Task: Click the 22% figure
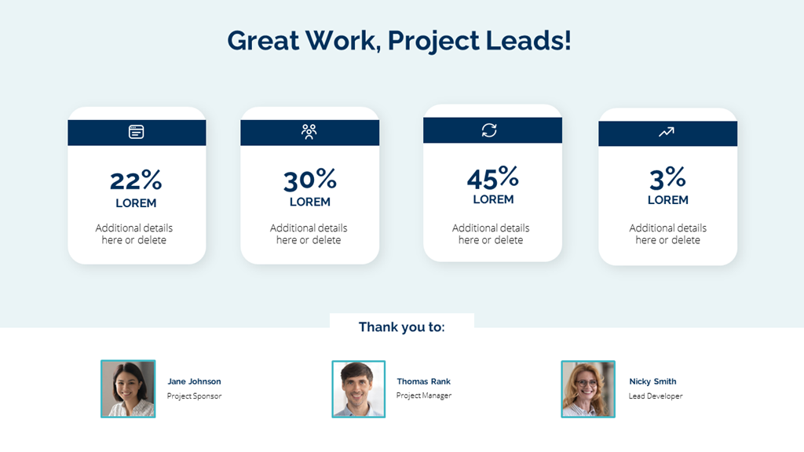pyautogui.click(x=136, y=180)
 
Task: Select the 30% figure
pyautogui.click(x=309, y=180)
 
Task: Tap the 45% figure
pyautogui.click(x=492, y=177)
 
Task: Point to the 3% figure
pyautogui.click(x=667, y=178)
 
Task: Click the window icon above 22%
pyautogui.click(x=137, y=132)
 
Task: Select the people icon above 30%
pyautogui.click(x=309, y=131)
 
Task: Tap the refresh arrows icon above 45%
pyautogui.click(x=489, y=130)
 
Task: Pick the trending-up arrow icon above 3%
pyautogui.click(x=666, y=133)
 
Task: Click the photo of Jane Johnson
pyautogui.click(x=128, y=388)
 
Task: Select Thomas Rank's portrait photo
pyautogui.click(x=358, y=388)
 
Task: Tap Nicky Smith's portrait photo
pyautogui.click(x=587, y=388)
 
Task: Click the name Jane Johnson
pyautogui.click(x=194, y=381)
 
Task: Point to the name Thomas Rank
pyautogui.click(x=423, y=381)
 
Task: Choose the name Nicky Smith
pyautogui.click(x=652, y=381)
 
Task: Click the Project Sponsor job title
pyautogui.click(x=194, y=396)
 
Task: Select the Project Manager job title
pyautogui.click(x=423, y=395)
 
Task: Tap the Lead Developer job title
pyautogui.click(x=655, y=396)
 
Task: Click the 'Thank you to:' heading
pyautogui.click(x=401, y=326)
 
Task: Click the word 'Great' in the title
pyautogui.click(x=262, y=40)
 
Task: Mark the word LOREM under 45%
pyautogui.click(x=493, y=199)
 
